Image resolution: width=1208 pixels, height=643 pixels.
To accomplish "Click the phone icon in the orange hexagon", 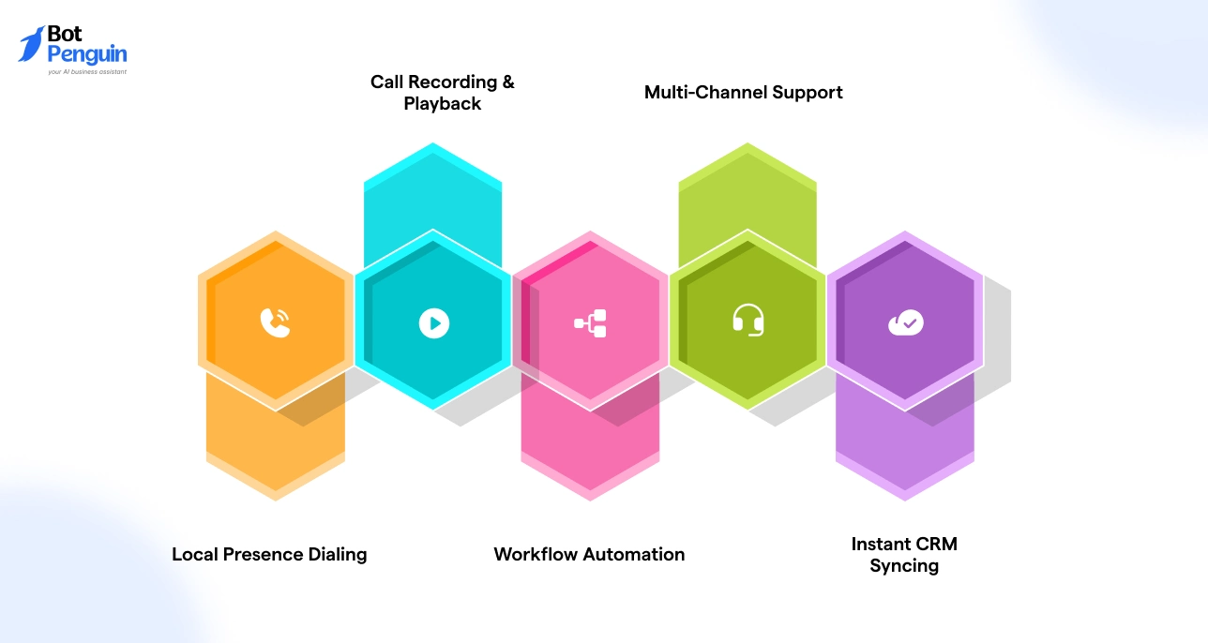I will tap(275, 322).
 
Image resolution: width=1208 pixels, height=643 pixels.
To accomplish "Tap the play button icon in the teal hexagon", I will tap(433, 323).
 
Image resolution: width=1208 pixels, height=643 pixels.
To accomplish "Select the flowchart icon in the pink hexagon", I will tap(591, 323).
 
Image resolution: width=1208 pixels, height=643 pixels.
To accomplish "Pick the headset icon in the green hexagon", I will tap(747, 321).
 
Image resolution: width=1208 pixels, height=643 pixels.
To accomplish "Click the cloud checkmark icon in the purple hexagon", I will tap(905, 323).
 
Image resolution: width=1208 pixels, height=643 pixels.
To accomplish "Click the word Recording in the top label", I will tap(452, 82).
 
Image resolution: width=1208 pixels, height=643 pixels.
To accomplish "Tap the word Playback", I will tap(443, 104).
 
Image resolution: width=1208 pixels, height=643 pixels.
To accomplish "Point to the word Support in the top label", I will tap(807, 92).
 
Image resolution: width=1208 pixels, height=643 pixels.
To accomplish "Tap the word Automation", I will tap(633, 554).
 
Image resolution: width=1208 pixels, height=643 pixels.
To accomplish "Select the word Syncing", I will tap(904, 566).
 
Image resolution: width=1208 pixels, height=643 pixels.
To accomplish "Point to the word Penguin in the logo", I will tap(86, 54).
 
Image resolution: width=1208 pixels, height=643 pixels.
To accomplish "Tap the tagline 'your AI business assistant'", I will tap(86, 71).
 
